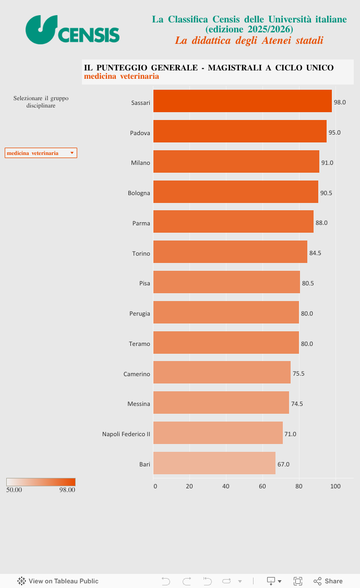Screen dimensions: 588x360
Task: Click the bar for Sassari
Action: pos(243,101)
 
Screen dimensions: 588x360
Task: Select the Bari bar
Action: pos(214,463)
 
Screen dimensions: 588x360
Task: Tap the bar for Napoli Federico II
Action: pos(218,433)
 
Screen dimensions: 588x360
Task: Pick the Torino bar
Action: pos(230,252)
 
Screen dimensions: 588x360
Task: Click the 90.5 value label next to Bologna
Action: pos(326,193)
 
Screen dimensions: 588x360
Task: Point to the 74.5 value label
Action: pos(297,404)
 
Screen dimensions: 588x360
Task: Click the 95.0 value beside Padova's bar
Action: pos(334,133)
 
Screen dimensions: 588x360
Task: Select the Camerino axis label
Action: pos(137,374)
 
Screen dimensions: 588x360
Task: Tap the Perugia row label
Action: pos(140,314)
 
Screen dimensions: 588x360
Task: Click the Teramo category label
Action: pos(139,344)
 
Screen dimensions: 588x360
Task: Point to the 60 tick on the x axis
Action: pos(262,486)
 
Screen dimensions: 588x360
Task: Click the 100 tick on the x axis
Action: pos(335,486)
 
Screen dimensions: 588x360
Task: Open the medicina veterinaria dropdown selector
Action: pos(41,153)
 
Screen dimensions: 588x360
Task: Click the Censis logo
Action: pos(73,30)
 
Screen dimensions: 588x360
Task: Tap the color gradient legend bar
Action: pos(41,482)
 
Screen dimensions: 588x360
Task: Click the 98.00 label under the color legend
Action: pos(67,490)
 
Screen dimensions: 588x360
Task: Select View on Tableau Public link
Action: pos(58,581)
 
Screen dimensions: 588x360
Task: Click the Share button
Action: pos(328,581)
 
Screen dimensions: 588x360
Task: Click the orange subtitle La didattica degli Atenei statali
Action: pos(249,41)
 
